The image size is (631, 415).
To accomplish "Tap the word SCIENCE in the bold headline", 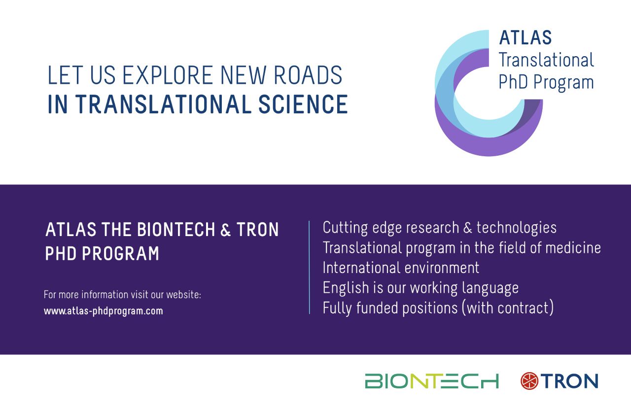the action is pyautogui.click(x=303, y=104).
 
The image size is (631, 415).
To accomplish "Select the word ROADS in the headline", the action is pyautogui.click(x=308, y=75).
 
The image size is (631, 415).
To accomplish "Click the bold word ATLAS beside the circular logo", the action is pyautogui.click(x=526, y=37).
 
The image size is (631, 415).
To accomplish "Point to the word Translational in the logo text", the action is pyautogui.click(x=546, y=60).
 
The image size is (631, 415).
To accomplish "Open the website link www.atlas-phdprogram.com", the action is pyautogui.click(x=104, y=311).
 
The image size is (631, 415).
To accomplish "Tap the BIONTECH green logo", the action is pyautogui.click(x=432, y=381).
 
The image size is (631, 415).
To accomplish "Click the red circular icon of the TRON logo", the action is pyautogui.click(x=529, y=381).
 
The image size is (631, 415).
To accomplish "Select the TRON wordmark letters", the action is pyautogui.click(x=570, y=381).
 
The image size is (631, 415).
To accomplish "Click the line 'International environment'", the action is pyautogui.click(x=401, y=268).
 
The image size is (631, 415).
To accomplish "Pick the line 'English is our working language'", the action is pyautogui.click(x=421, y=288).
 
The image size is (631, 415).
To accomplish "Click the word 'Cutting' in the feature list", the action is pyautogui.click(x=345, y=228).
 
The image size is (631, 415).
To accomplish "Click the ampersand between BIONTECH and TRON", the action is pyautogui.click(x=225, y=230).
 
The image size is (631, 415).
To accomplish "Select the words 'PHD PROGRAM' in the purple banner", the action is pyautogui.click(x=102, y=253).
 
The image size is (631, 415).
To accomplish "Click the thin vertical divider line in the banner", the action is pyautogui.click(x=309, y=267).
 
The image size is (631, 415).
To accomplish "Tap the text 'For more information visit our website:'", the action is pyautogui.click(x=123, y=295).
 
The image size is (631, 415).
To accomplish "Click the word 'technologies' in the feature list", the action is pyautogui.click(x=516, y=228).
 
